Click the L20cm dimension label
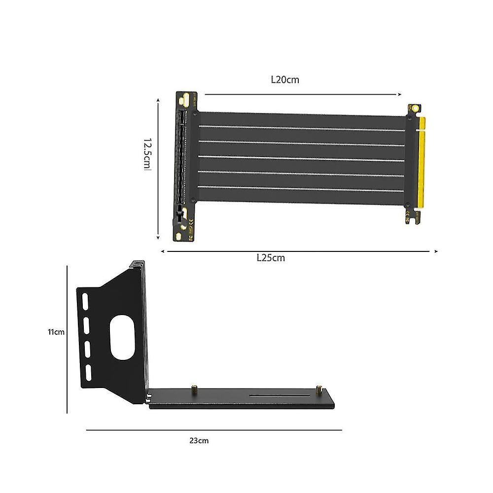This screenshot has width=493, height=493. coord(285,79)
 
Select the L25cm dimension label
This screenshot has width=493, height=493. coord(271,258)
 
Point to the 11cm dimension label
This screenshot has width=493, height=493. coord(56,332)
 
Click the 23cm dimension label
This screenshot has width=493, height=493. coord(199,440)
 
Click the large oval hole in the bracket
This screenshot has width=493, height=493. coord(122,337)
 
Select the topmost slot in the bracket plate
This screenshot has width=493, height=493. coord(85,302)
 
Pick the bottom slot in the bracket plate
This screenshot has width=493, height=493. coord(88,373)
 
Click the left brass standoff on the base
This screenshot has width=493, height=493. coord(194,388)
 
